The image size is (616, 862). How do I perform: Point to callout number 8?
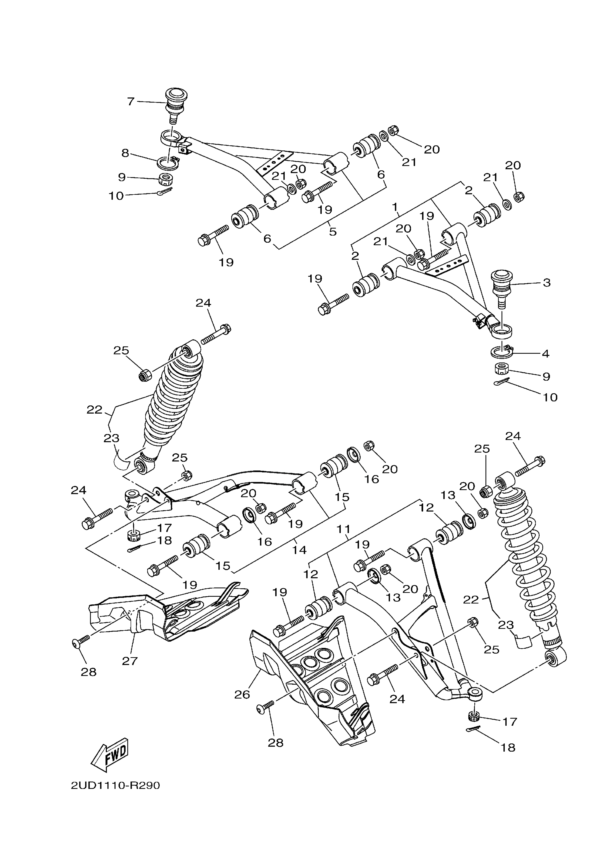click(125, 153)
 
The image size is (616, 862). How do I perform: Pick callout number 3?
click(546, 283)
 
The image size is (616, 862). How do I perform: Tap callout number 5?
click(333, 231)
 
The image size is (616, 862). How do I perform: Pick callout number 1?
click(395, 207)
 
